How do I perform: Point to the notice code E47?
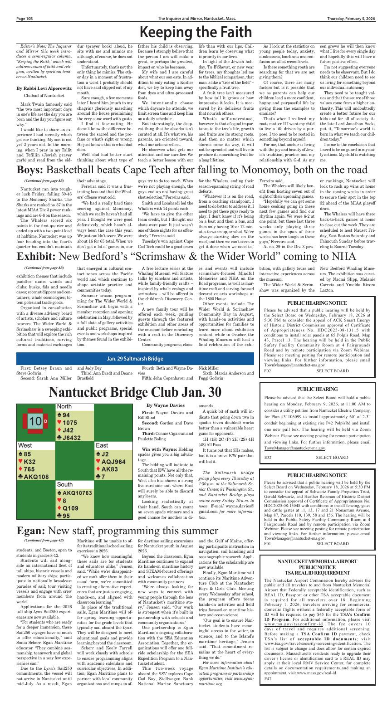tap(268, 692)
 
